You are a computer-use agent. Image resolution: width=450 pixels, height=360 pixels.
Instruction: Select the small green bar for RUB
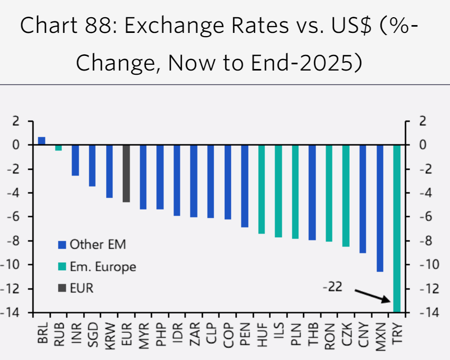click(59, 148)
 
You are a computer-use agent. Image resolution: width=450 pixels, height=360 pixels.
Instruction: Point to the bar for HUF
click(261, 189)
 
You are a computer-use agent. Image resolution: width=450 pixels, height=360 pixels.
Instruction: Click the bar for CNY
click(363, 199)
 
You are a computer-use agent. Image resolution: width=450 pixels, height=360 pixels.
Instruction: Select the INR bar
click(75, 160)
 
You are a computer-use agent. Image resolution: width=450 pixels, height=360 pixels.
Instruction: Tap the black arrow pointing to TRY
click(373, 295)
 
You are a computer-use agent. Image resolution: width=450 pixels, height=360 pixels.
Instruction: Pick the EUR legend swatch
click(62, 288)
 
